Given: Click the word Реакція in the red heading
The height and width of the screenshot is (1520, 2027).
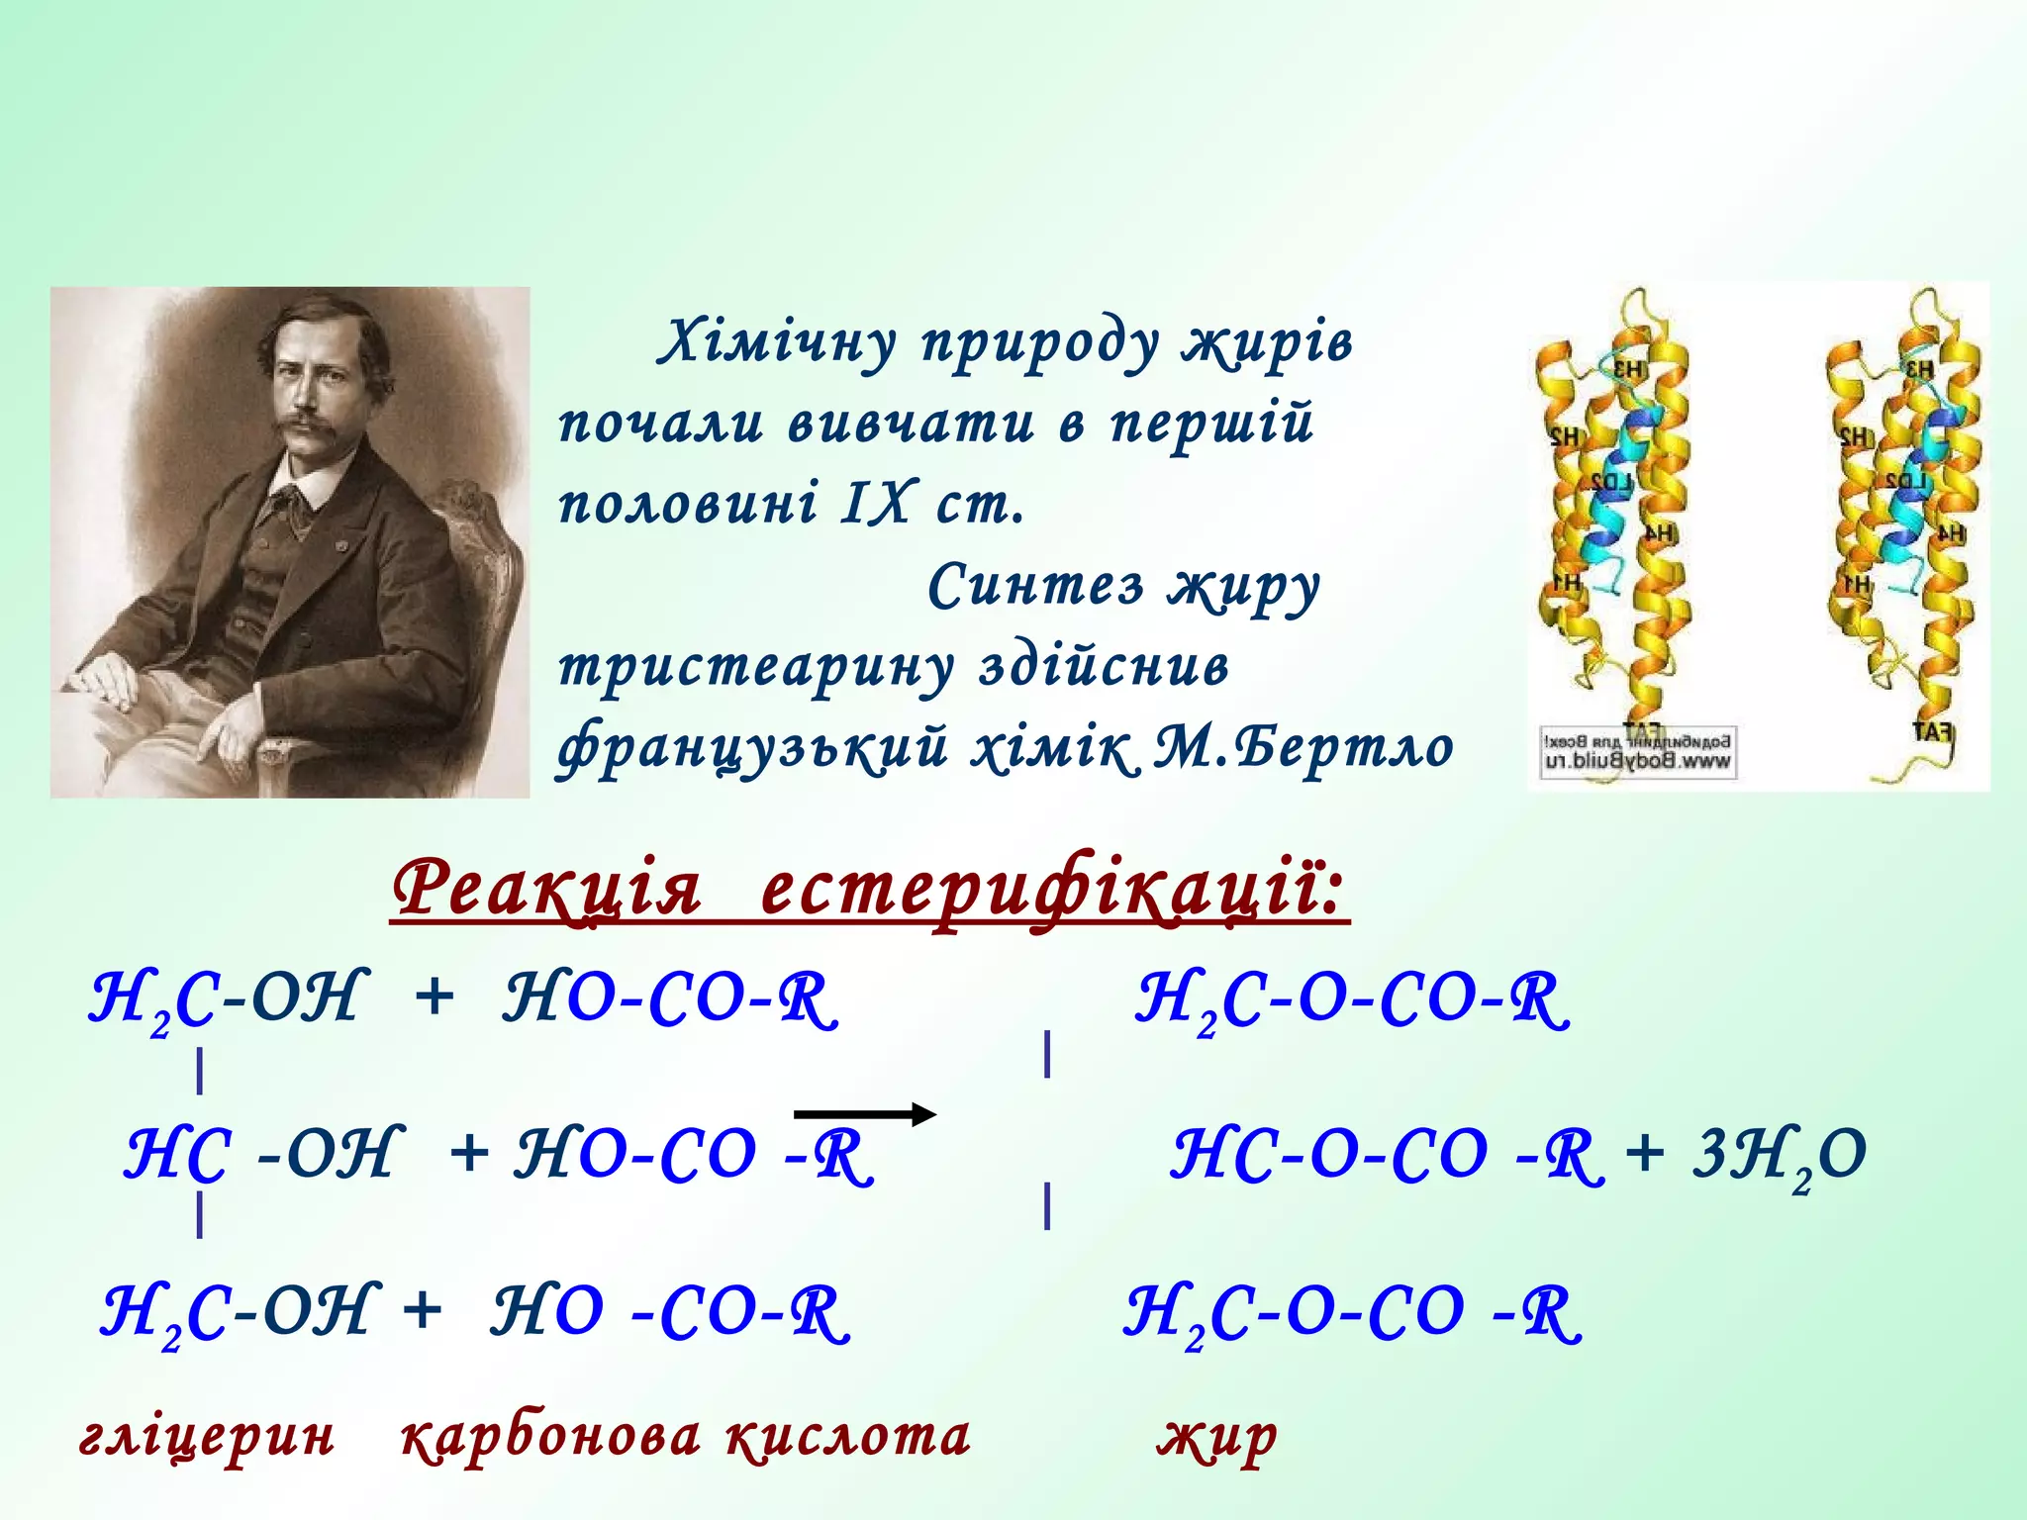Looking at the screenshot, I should pyautogui.click(x=546, y=888).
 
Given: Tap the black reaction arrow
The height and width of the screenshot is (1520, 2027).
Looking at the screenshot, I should pyautogui.click(x=864, y=1114).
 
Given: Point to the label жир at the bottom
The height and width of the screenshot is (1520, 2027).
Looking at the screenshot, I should pyautogui.click(x=1216, y=1437).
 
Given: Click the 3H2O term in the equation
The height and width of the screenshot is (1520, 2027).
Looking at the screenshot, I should pyautogui.click(x=1778, y=1156).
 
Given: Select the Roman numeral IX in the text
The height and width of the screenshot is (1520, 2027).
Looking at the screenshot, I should pyautogui.click(x=875, y=503).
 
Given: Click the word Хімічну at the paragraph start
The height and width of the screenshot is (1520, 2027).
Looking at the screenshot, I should pyautogui.click(x=778, y=342).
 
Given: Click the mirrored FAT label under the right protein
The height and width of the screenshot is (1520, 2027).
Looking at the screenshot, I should pyautogui.click(x=1931, y=732).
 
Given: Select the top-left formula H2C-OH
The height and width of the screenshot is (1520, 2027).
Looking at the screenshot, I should pyautogui.click(x=228, y=999).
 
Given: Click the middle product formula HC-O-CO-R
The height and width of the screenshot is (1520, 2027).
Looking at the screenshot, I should pyautogui.click(x=1386, y=1156).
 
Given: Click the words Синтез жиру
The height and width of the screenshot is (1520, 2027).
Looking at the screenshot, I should pyautogui.click(x=1123, y=586).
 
